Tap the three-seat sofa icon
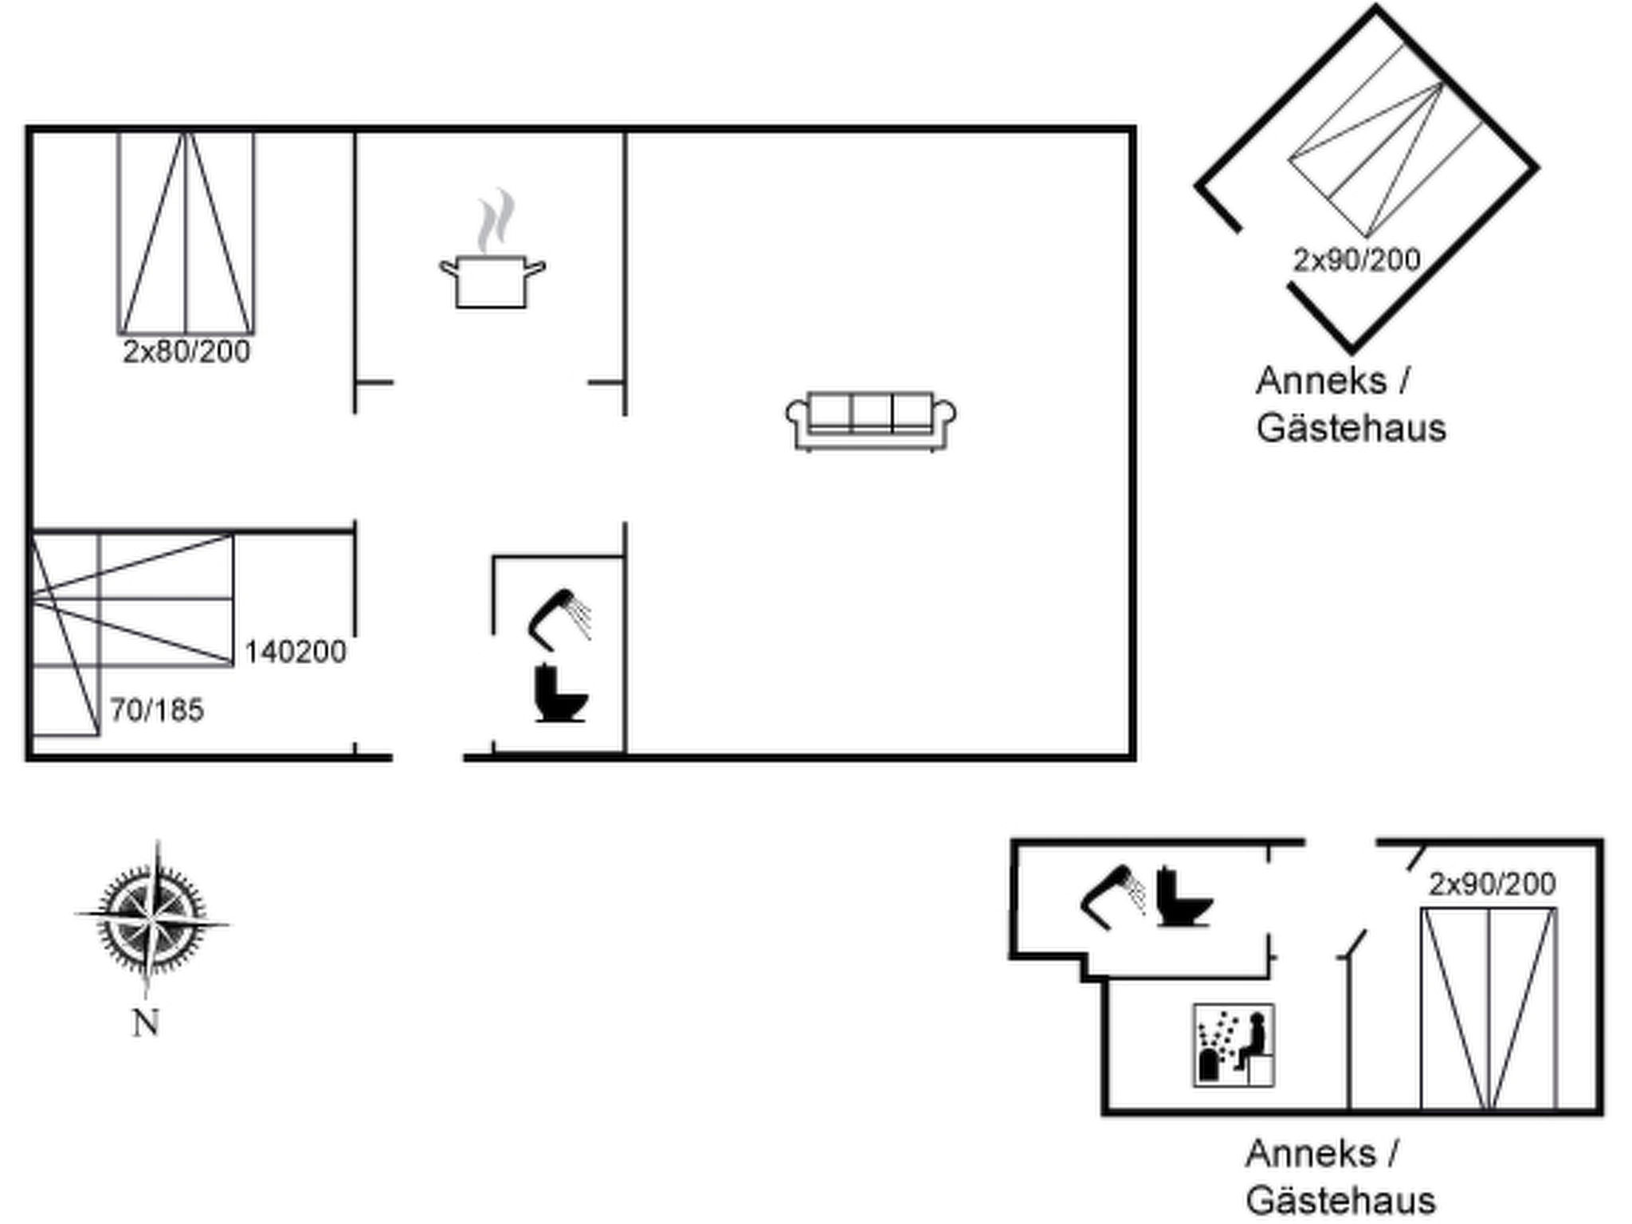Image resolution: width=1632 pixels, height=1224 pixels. pyautogui.click(x=870, y=421)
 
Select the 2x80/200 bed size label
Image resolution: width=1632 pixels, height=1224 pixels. pyautogui.click(x=186, y=351)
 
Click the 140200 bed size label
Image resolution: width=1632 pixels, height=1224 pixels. pyautogui.click(x=295, y=652)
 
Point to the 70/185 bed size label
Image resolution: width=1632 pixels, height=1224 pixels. pyautogui.click(x=157, y=710)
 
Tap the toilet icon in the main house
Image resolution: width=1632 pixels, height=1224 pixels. pyautogui.click(x=560, y=693)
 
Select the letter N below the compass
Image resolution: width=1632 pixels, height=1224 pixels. pyautogui.click(x=145, y=1022)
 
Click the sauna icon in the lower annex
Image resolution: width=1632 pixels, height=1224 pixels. pyautogui.click(x=1233, y=1045)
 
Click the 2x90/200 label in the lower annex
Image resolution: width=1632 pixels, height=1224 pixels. pyautogui.click(x=1492, y=884)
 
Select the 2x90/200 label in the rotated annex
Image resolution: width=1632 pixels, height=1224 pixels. pyautogui.click(x=1356, y=260)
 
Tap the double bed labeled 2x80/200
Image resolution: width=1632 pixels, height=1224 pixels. pyautogui.click(x=186, y=233)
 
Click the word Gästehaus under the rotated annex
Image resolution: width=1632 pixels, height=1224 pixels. pyautogui.click(x=1351, y=428)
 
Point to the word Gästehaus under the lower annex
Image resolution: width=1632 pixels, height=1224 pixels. pyautogui.click(x=1340, y=1200)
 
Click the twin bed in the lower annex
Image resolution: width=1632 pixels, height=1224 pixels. pyautogui.click(x=1489, y=1008)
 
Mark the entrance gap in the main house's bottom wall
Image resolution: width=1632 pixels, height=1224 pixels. pyautogui.click(x=428, y=757)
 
